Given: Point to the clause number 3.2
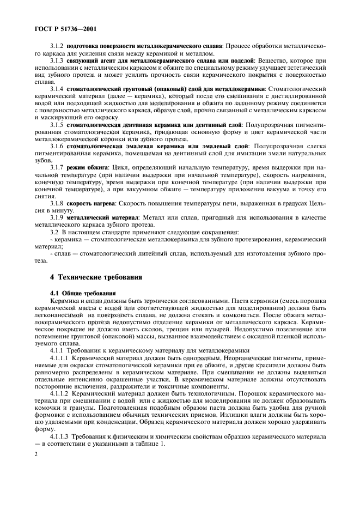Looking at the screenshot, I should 54,233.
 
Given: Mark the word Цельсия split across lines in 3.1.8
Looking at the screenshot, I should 319,203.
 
